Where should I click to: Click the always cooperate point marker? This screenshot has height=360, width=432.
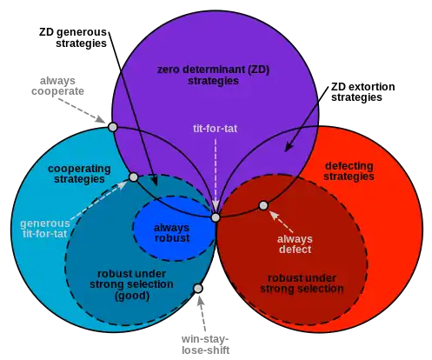[112, 127]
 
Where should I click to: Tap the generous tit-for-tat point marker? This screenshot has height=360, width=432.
[133, 177]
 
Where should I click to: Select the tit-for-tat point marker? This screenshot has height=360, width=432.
[216, 217]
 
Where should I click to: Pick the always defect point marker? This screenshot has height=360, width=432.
[263, 206]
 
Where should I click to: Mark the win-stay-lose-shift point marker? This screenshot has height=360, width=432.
[198, 289]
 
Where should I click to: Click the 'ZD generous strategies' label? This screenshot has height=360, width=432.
[73, 37]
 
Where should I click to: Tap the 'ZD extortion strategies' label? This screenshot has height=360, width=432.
[362, 92]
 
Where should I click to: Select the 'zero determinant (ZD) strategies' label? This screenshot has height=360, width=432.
[213, 75]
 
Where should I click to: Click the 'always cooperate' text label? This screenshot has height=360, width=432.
[57, 86]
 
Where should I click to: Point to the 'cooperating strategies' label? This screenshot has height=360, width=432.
[79, 174]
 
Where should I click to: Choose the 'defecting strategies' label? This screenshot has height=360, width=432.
[349, 171]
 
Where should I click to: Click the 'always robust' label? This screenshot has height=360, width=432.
[172, 233]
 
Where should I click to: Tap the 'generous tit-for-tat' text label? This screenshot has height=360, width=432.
[45, 229]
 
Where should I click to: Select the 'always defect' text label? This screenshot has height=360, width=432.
[295, 244]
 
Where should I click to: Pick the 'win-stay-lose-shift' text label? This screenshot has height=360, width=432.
[205, 344]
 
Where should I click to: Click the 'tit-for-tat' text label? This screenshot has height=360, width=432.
[215, 129]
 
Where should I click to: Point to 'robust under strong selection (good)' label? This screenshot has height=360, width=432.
[131, 284]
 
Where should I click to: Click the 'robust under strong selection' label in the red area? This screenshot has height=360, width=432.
[302, 283]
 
